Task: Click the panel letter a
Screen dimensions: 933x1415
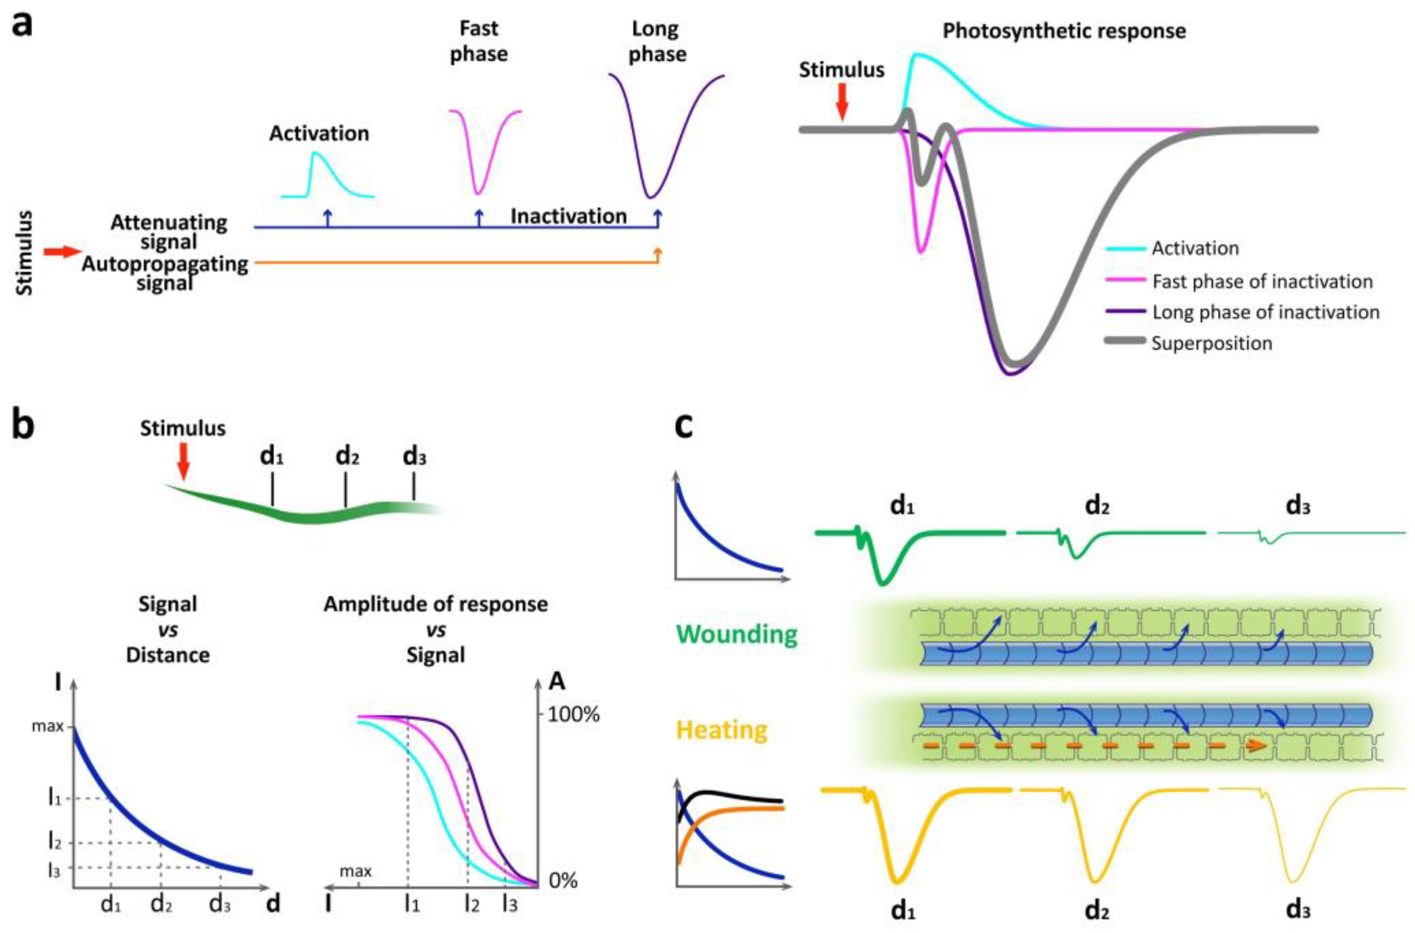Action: pos(23,25)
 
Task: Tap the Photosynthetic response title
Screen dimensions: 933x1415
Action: pos(1063,31)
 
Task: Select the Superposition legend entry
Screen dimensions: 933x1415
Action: pos(1211,343)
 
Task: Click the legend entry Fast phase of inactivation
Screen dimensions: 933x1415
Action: pos(1262,282)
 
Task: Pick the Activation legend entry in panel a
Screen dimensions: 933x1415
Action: pos(1195,248)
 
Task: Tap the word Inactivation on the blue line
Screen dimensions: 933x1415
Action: pos(568,216)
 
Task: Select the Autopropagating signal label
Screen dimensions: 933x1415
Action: pos(165,272)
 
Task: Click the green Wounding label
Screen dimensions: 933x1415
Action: pos(737,634)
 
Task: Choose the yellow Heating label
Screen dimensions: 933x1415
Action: pos(722,729)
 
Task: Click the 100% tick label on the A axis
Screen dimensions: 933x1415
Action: pos(573,714)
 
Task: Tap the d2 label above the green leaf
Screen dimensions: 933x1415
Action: pos(347,456)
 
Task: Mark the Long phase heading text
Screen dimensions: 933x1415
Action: pos(657,41)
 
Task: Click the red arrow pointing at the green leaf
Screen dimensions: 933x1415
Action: pos(183,461)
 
